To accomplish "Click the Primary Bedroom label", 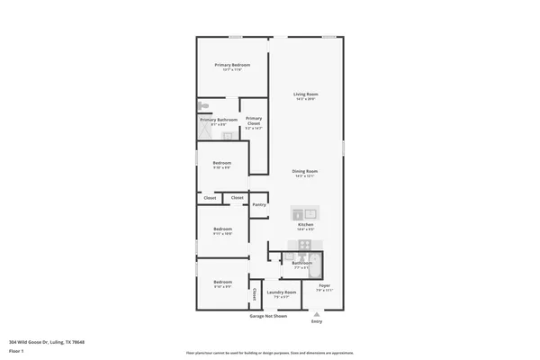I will click(232, 65).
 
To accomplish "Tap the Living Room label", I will click(306, 94).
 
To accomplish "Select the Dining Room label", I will click(305, 171).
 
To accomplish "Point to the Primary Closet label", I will click(254, 120).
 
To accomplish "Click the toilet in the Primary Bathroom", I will click(203, 104).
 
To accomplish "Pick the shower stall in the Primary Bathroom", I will click(206, 132).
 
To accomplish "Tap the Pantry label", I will click(259, 204).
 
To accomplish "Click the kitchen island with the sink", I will click(305, 214).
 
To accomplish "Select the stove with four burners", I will click(305, 244).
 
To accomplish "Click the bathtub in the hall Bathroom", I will click(316, 264).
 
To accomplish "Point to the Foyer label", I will click(325, 285).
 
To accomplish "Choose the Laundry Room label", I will click(282, 292).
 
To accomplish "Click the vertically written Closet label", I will click(255, 294).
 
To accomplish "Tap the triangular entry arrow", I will click(316, 313).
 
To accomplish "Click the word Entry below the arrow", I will click(316, 321).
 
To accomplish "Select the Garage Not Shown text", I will click(268, 316).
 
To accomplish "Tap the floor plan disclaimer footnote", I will click(268, 353).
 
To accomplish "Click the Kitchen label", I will click(306, 224).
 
